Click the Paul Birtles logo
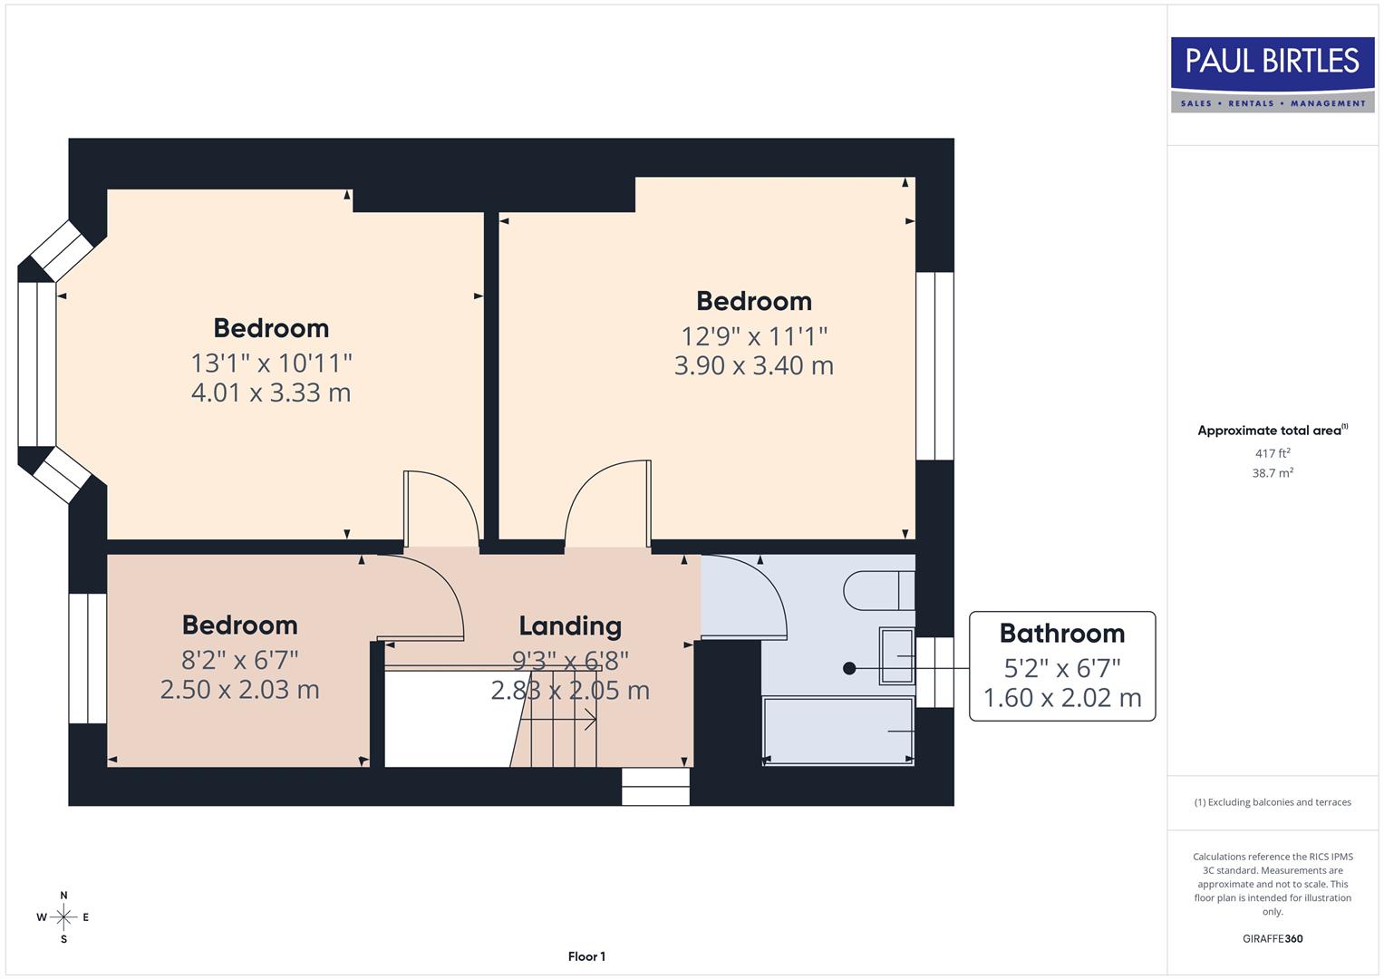1273,73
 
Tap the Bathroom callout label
1062,634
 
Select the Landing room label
570,626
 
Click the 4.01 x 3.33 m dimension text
271,393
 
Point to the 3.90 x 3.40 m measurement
753,365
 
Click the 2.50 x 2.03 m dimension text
239,690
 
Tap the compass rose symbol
63,917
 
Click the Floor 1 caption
586,956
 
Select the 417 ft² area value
1273,453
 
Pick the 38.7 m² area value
1273,473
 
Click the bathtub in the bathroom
837,731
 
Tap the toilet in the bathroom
878,590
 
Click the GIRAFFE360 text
1273,939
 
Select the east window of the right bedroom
934,365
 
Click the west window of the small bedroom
88,658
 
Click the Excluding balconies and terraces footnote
1273,802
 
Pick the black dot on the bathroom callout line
849,668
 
